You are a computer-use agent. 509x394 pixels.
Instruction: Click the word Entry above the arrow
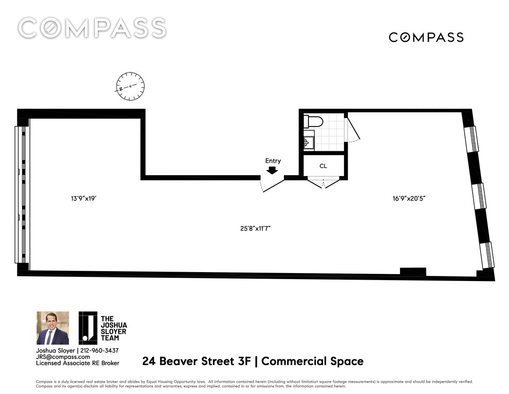[x=273, y=161]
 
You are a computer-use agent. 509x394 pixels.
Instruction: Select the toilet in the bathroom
[x=313, y=122]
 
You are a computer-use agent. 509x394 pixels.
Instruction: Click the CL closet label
[x=323, y=166]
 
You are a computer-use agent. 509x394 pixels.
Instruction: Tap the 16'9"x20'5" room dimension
[x=409, y=198]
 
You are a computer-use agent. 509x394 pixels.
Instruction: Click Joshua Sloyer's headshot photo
[x=53, y=328]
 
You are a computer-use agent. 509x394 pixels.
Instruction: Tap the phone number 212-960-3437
[x=99, y=351]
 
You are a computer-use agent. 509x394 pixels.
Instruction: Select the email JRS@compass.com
[x=64, y=357]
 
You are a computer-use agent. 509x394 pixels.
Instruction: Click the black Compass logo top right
[x=426, y=37]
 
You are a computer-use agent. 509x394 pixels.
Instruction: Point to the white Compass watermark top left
[x=92, y=28]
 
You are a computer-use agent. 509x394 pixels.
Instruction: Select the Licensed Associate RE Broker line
[x=77, y=363]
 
